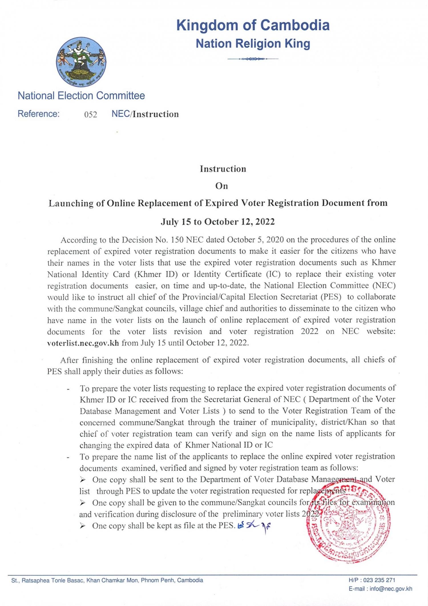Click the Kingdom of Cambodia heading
coord(253,25)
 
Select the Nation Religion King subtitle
coord(253,44)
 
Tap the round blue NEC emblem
coord(81,62)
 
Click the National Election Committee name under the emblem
coord(81,96)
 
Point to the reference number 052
coord(90,114)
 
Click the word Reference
coord(39,114)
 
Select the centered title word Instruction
coord(223,169)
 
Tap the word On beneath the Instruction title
coord(222,186)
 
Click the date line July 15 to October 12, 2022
coord(218,222)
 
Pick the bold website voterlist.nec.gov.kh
coord(83,343)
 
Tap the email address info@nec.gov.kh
coord(391,589)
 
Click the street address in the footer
coord(107,580)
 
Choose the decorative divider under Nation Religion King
coord(253,59)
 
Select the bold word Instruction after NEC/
coord(156,114)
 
